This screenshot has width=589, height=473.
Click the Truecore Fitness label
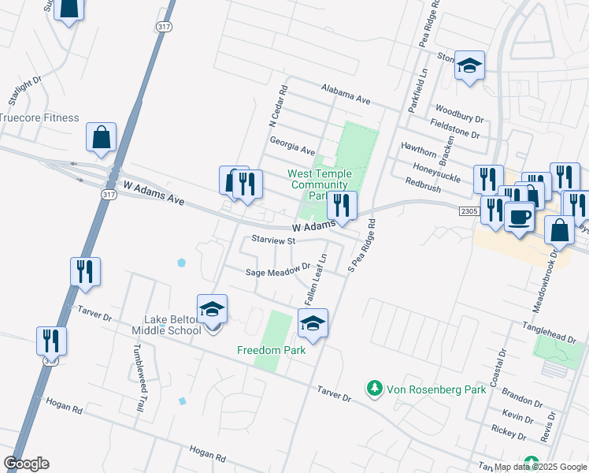pos(39,118)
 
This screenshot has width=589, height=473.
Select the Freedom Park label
pos(271,349)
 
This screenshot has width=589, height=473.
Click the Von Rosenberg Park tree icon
pos(375,388)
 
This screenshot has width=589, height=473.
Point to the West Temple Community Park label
pos(317,184)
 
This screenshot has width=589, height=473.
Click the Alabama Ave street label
pos(345,95)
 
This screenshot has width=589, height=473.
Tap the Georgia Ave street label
pos(291,145)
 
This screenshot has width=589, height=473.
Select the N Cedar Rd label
pos(278,109)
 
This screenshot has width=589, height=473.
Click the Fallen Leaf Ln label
pos(316,281)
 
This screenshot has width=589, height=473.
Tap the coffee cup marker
pos(518,216)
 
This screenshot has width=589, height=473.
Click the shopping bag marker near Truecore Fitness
pos(102,137)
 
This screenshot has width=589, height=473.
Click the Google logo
pos(26,464)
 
